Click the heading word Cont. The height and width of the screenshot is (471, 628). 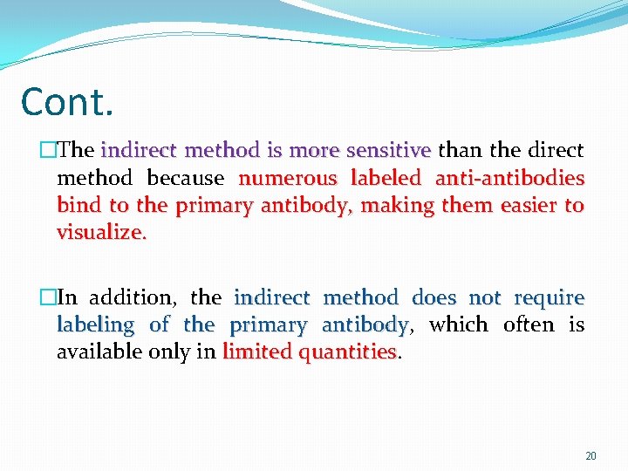pos(66,102)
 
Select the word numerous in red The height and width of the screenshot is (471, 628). pos(288,178)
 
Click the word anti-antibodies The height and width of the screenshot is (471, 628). pos(509,178)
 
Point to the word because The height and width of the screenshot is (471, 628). pos(186,178)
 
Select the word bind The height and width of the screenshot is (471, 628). pos(76,206)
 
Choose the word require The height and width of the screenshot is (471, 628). pos(549,297)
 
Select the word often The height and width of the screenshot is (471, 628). pos(529,325)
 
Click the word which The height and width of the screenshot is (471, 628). pos(458,325)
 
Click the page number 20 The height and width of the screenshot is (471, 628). pos(590,456)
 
